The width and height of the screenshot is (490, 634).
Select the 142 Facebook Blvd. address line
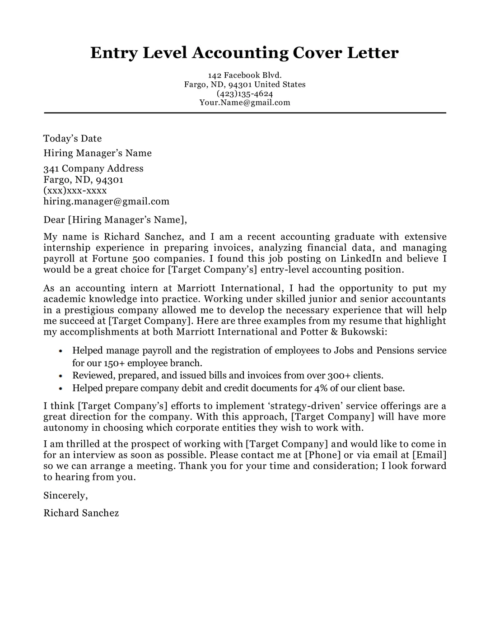point(245,75)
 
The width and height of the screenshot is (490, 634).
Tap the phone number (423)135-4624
point(245,93)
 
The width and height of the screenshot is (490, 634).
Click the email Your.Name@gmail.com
point(245,103)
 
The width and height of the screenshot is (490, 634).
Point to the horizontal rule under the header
point(245,113)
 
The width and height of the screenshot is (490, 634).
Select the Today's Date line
point(72,139)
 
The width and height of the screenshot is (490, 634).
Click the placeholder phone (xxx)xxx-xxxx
point(75,191)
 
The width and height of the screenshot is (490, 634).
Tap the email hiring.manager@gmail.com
point(106,201)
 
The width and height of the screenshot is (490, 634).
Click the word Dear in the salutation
point(54,220)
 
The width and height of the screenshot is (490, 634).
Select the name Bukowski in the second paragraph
point(363,332)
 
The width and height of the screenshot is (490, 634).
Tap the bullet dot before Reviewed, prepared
point(61,375)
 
